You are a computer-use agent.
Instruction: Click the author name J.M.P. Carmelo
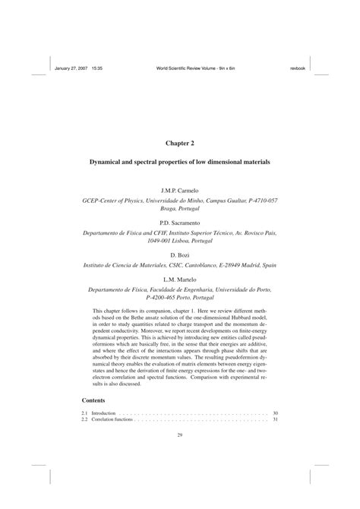tap(180, 188)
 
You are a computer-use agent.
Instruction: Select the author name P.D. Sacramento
tap(180, 223)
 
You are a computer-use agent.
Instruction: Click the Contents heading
tap(95, 400)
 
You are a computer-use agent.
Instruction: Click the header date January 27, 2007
tap(71, 67)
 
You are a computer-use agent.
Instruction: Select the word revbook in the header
tap(297, 67)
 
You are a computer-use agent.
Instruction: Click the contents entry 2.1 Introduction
tap(99, 413)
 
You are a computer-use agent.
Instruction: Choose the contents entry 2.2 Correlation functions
tap(106, 419)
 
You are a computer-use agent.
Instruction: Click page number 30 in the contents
tap(275, 413)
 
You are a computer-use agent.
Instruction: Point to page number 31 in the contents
tap(275, 419)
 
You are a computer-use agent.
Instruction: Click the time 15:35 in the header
tap(97, 67)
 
